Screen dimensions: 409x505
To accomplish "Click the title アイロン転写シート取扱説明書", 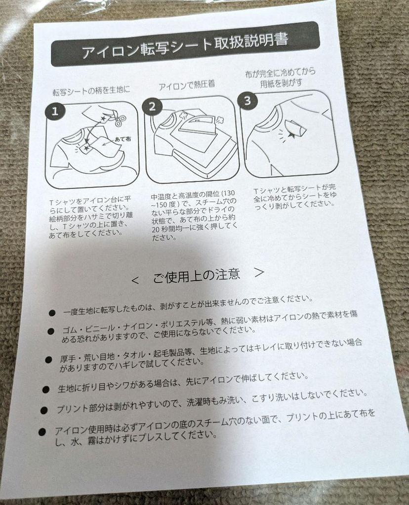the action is [x=185, y=46].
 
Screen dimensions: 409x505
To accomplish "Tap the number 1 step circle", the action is [x=55, y=111].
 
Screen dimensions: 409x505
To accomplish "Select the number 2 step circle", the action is [x=152, y=107].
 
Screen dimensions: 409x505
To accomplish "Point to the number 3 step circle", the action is [x=247, y=101].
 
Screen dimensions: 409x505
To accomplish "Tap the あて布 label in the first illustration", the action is [x=123, y=140].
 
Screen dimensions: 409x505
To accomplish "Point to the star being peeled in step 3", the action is [x=292, y=136].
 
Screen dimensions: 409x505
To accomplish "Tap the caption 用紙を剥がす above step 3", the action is [x=281, y=83].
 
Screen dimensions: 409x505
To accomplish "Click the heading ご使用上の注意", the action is [x=197, y=276].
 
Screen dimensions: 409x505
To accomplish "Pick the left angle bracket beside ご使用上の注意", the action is [x=135, y=281].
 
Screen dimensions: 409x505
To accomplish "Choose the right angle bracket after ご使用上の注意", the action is [x=259, y=272].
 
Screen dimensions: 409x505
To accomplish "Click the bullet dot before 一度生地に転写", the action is [x=52, y=313].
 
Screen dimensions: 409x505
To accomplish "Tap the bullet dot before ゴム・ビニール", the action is [x=51, y=331].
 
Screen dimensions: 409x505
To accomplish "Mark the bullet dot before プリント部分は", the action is [x=44, y=410].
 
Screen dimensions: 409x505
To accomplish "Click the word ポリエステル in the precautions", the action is [x=187, y=323].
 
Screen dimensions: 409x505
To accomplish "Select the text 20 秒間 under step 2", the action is [x=165, y=230].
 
